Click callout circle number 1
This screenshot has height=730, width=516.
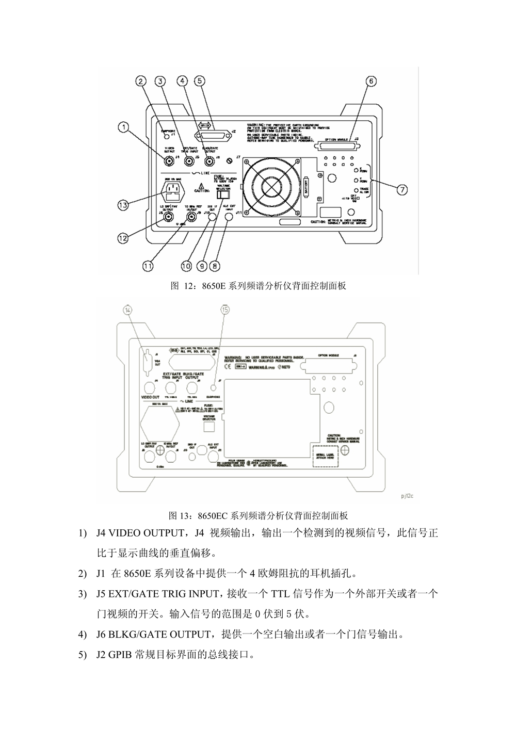(122, 125)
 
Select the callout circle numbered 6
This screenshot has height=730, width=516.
(370, 81)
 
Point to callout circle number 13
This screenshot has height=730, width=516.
(122, 205)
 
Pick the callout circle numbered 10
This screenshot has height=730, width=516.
(186, 266)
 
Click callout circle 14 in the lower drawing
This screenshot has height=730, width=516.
(128, 310)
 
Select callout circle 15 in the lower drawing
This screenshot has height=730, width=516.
(224, 310)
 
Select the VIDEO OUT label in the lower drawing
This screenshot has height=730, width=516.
(151, 397)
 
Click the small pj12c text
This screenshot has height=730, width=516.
(406, 496)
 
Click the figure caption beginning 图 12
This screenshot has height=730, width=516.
(259, 286)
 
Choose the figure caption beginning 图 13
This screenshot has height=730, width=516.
(259, 515)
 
